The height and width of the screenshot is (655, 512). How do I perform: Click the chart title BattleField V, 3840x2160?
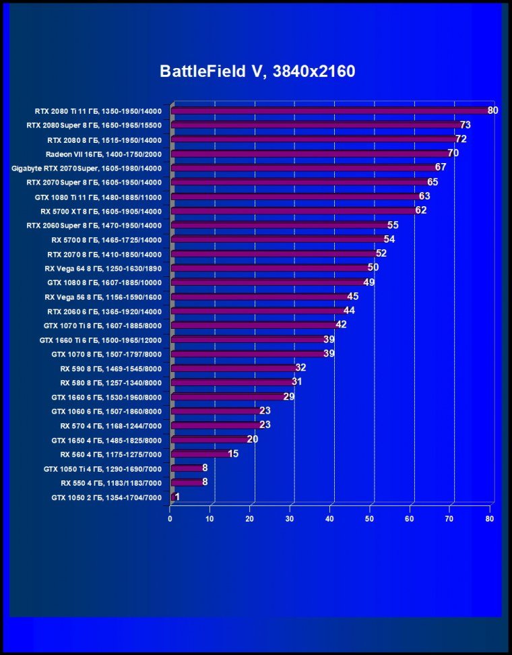(x=257, y=71)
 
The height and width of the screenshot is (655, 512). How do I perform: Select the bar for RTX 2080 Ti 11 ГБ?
(x=330, y=111)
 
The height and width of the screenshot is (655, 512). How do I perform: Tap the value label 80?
(x=492, y=111)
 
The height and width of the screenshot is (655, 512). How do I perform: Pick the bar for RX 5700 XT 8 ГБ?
(x=294, y=211)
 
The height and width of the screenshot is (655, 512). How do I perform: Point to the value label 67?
(x=441, y=167)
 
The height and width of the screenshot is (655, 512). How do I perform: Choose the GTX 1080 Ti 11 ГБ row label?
(x=98, y=197)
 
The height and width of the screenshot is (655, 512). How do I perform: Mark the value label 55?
(x=393, y=225)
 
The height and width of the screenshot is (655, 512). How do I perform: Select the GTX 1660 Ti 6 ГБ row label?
(x=101, y=340)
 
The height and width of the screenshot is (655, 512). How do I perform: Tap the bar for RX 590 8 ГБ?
(x=234, y=368)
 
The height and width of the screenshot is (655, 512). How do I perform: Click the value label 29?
(x=288, y=397)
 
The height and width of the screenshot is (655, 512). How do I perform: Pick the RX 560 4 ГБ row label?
(x=111, y=454)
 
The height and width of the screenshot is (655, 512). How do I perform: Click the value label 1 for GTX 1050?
(x=177, y=497)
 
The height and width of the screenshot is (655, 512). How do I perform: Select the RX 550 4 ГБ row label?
(x=111, y=482)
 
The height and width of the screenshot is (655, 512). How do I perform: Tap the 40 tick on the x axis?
(x=329, y=519)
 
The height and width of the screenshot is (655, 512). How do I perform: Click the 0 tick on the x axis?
(x=170, y=519)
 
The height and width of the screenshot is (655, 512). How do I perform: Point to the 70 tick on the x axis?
(x=449, y=519)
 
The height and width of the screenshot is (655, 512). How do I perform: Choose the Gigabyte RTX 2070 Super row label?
(x=87, y=168)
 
